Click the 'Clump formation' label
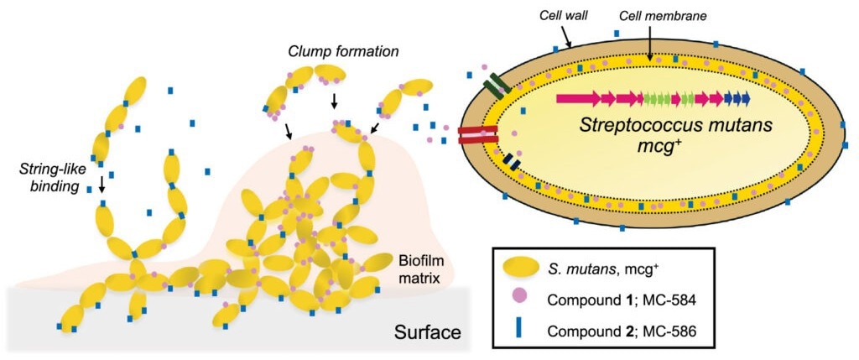pos(343,52)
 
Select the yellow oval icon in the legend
pos(518,267)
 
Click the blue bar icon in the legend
pos(518,328)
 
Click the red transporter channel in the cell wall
pos(477,135)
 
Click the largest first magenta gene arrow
pos(578,99)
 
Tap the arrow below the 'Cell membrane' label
pos(648,43)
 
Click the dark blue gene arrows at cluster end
pos(737,99)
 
